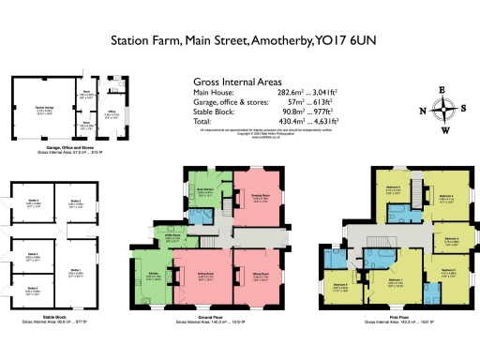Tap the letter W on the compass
coord(445,131)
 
